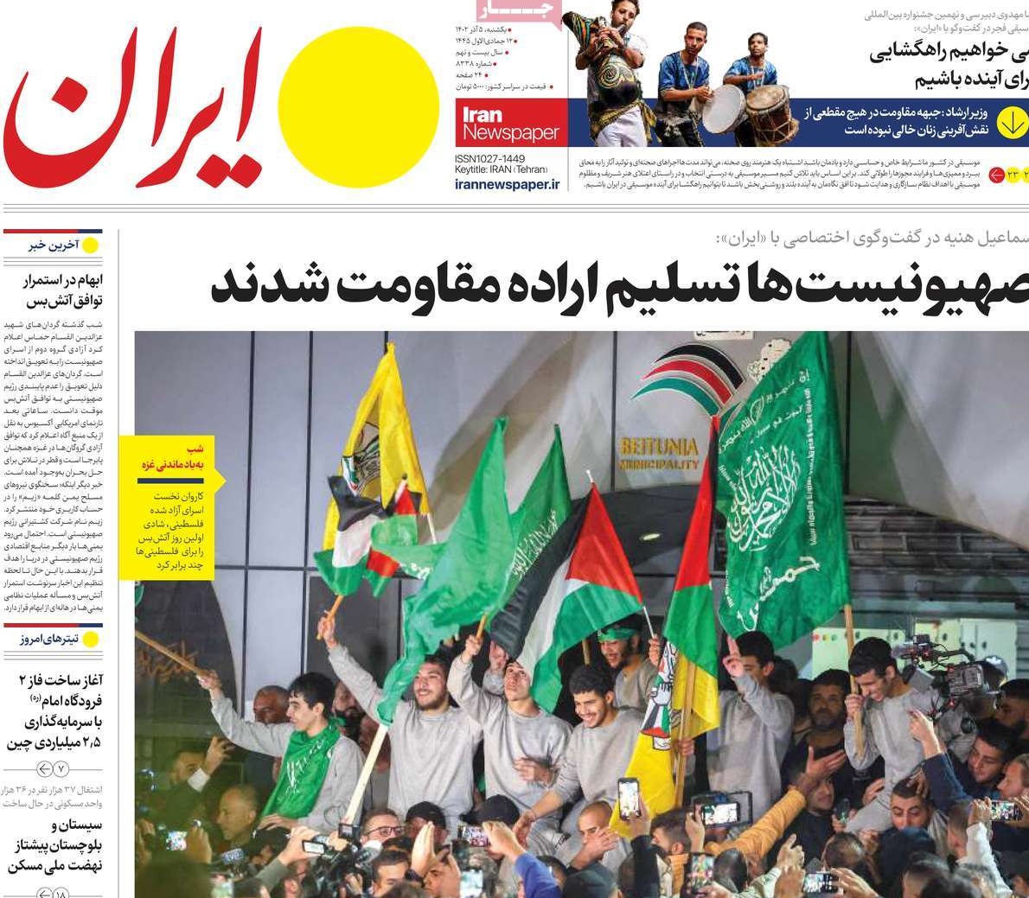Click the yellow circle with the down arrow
point(1011,123)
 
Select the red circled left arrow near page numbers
point(995,175)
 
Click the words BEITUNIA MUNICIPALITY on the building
point(659,455)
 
